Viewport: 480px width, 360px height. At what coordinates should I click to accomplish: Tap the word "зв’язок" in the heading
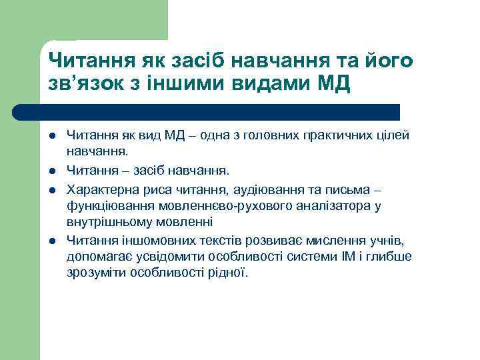point(87,87)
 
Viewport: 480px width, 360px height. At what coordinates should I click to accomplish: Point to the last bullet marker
point(51,240)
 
